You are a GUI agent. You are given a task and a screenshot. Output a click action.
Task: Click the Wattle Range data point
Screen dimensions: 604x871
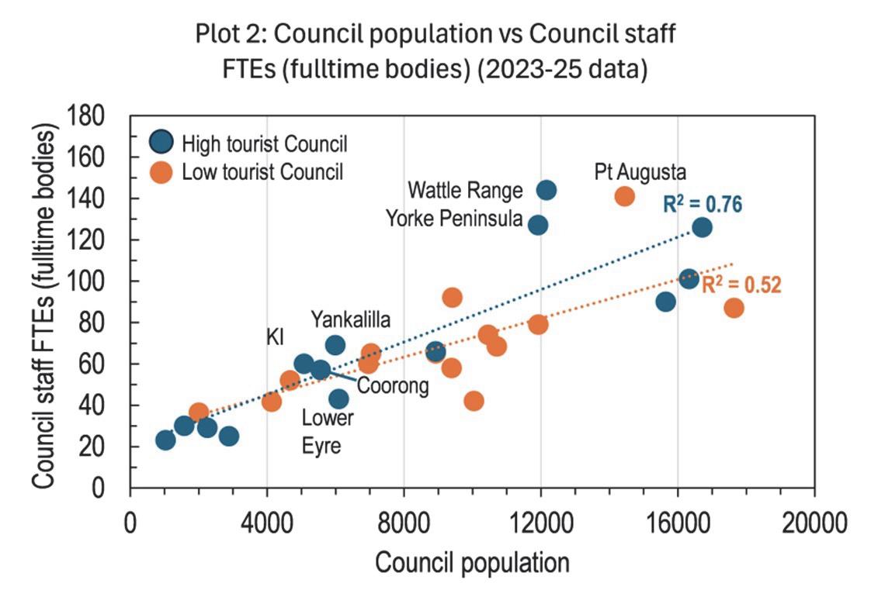[547, 190]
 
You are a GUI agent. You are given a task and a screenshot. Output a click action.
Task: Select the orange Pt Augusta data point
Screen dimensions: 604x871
[625, 196]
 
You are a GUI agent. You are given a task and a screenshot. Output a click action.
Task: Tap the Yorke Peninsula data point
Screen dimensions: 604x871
[538, 225]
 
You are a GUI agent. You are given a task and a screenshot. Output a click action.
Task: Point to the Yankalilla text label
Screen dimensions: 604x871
[351, 319]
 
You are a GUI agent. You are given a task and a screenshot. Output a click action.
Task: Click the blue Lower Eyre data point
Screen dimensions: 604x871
[338, 399]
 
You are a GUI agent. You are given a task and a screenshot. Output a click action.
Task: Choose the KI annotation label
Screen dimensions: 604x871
[276, 337]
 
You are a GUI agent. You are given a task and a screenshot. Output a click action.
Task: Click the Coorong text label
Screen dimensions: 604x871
[393, 385]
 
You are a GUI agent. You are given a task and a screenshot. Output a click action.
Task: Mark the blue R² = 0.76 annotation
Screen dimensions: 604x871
[703, 205]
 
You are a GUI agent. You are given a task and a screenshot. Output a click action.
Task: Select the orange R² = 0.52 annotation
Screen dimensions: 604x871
[741, 285]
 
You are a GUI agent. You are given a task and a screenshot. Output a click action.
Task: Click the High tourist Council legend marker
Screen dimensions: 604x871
[159, 143]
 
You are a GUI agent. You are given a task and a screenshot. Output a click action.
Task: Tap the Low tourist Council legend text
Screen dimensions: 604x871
[262, 171]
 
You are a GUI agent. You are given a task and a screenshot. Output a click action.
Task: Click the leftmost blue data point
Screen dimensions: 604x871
[165, 440]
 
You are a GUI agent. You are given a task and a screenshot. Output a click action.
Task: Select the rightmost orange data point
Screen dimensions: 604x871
[734, 308]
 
